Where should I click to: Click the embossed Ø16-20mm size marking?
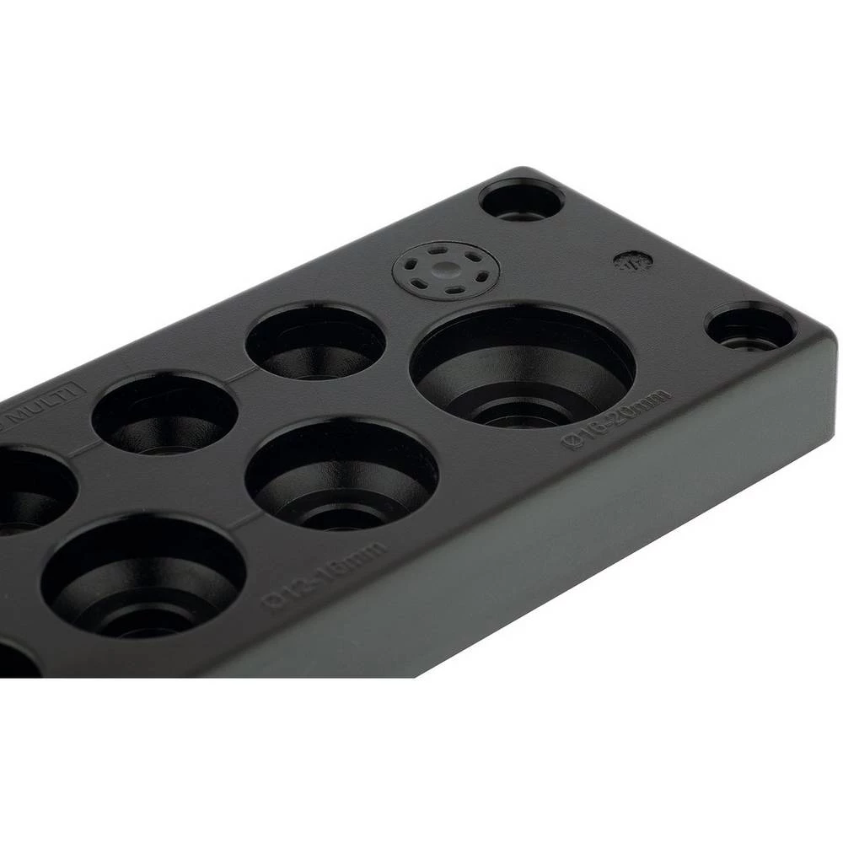pos(618,417)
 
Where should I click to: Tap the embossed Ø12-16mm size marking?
pos(325,570)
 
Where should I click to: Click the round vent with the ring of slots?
pos(446,272)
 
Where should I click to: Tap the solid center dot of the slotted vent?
pos(446,271)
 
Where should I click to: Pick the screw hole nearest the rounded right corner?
pos(749,327)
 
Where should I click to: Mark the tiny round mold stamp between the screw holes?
pos(628,260)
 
